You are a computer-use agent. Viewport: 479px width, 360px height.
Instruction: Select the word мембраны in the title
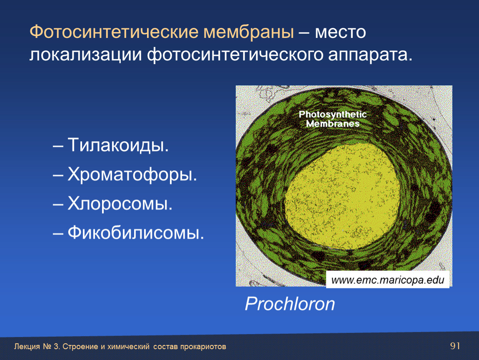coord(249,32)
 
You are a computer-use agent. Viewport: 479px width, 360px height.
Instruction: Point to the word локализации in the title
coord(85,55)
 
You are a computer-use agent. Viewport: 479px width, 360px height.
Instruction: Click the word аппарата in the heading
coord(370,55)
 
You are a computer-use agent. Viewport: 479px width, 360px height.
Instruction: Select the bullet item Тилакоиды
coord(118,145)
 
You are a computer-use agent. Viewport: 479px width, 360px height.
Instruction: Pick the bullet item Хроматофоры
coord(132,175)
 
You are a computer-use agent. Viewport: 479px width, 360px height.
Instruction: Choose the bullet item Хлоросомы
coord(120,203)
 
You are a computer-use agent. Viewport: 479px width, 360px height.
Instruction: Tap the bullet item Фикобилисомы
coord(136,232)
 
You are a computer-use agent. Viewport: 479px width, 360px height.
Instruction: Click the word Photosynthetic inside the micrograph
coord(333,115)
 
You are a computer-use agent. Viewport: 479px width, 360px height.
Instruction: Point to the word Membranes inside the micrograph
coord(333,124)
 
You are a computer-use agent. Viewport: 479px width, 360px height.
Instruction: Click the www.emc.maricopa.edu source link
coord(388,280)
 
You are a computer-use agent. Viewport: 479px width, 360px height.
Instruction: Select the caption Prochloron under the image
coord(290,304)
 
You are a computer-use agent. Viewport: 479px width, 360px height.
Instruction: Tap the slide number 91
coord(455,346)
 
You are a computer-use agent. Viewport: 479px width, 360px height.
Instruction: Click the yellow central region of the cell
coord(342,195)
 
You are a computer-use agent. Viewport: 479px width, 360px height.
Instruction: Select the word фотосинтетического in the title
coord(235,55)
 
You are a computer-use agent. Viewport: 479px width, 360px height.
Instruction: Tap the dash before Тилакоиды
coord(58,146)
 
